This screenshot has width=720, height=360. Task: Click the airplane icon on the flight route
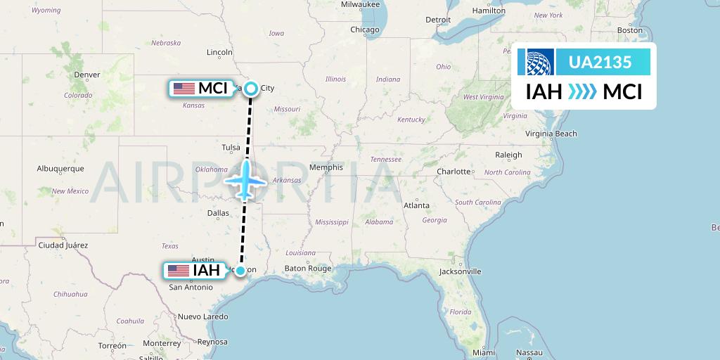click(x=245, y=179)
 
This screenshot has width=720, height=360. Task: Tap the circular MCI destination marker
click(x=251, y=89)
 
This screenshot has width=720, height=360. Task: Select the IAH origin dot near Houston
click(x=240, y=271)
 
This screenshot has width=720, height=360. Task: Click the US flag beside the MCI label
click(x=184, y=89)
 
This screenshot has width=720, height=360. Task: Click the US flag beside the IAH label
click(x=179, y=271)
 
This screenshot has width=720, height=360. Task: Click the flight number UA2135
click(x=599, y=62)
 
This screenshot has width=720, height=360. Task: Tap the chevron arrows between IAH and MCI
click(x=582, y=91)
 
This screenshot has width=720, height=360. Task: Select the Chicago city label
click(x=365, y=30)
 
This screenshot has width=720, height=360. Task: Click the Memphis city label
click(x=326, y=167)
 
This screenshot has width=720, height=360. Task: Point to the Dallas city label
click(x=218, y=212)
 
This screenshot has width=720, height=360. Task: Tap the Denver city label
click(x=87, y=75)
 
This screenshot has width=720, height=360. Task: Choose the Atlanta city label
click(x=416, y=205)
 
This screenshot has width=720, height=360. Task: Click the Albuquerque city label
click(x=60, y=169)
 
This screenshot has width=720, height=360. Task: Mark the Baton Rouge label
click(x=307, y=269)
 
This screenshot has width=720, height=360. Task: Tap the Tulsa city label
click(x=231, y=148)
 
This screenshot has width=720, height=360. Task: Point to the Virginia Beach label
click(x=551, y=134)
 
